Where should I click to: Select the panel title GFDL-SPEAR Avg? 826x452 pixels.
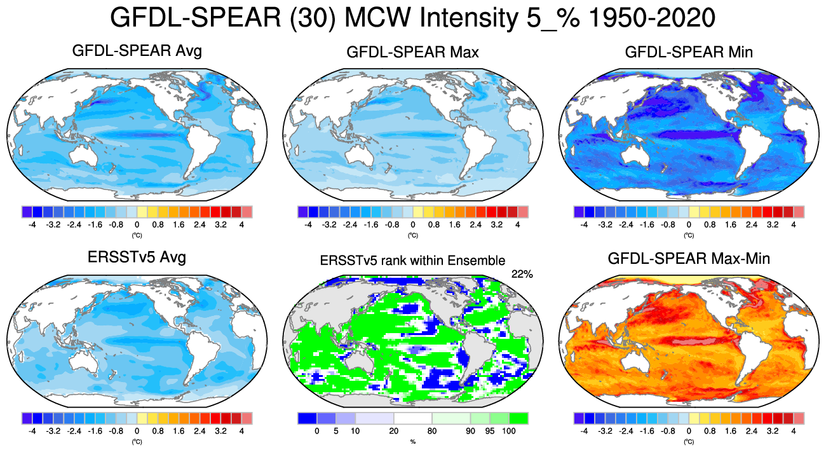[x=137, y=51]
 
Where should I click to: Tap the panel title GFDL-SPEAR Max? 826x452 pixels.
[x=412, y=52]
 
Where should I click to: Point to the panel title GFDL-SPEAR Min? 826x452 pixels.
[x=689, y=52]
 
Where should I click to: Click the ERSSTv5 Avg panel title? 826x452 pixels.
[x=137, y=257]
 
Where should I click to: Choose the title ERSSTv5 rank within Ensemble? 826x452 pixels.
[x=412, y=260]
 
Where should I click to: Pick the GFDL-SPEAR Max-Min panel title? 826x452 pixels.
[x=689, y=259]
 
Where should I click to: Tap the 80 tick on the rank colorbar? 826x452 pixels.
[x=432, y=430]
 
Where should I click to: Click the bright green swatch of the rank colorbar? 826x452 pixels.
[x=519, y=418]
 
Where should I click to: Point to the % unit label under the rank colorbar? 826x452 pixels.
[x=412, y=441]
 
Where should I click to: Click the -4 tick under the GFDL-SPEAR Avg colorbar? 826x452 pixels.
[x=32, y=224]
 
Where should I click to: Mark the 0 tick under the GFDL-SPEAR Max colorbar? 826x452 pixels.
[x=412, y=224]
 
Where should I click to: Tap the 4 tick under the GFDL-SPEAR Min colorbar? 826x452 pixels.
[x=793, y=224]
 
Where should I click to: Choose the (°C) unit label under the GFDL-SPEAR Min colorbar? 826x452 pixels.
[x=689, y=235]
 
